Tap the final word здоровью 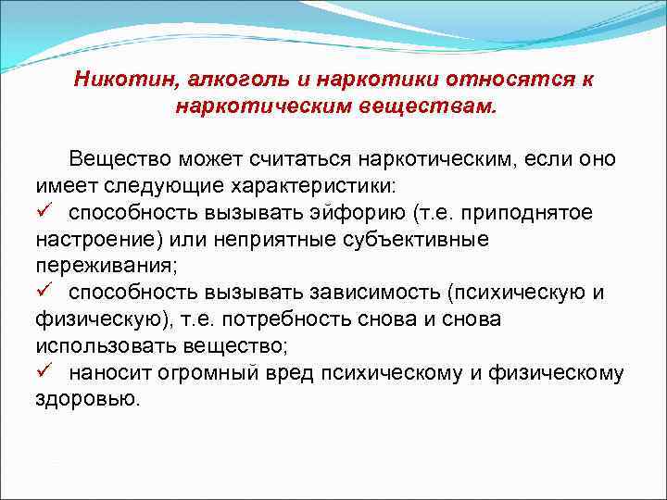(88, 399)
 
